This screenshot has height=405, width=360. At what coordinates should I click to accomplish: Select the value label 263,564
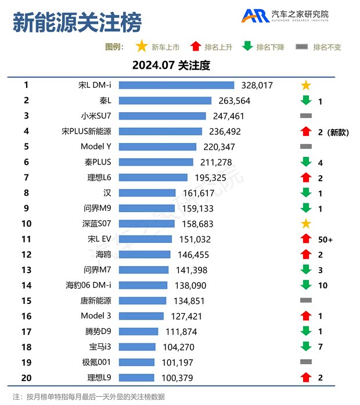(x=235, y=101)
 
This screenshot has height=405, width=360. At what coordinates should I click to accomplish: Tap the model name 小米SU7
(x=96, y=116)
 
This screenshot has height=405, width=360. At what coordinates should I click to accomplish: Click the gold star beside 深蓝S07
(x=306, y=224)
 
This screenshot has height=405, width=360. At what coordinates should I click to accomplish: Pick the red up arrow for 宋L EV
(x=306, y=239)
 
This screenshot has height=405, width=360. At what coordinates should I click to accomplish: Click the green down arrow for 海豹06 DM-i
(x=306, y=285)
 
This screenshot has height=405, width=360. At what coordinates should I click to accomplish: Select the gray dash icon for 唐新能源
(x=306, y=300)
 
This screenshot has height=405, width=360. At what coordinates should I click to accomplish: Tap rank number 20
(x=26, y=377)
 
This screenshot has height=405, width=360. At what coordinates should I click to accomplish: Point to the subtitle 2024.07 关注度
(x=171, y=65)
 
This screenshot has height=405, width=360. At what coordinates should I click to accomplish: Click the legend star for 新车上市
(x=141, y=47)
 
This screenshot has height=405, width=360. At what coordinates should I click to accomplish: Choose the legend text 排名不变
(x=327, y=48)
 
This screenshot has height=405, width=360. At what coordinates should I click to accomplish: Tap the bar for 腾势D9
(x=142, y=331)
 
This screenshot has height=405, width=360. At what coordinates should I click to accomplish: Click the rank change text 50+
(x=326, y=239)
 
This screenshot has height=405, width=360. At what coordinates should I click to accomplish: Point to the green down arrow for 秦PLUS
(x=306, y=162)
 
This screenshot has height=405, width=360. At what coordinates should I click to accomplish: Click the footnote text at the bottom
(x=88, y=396)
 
